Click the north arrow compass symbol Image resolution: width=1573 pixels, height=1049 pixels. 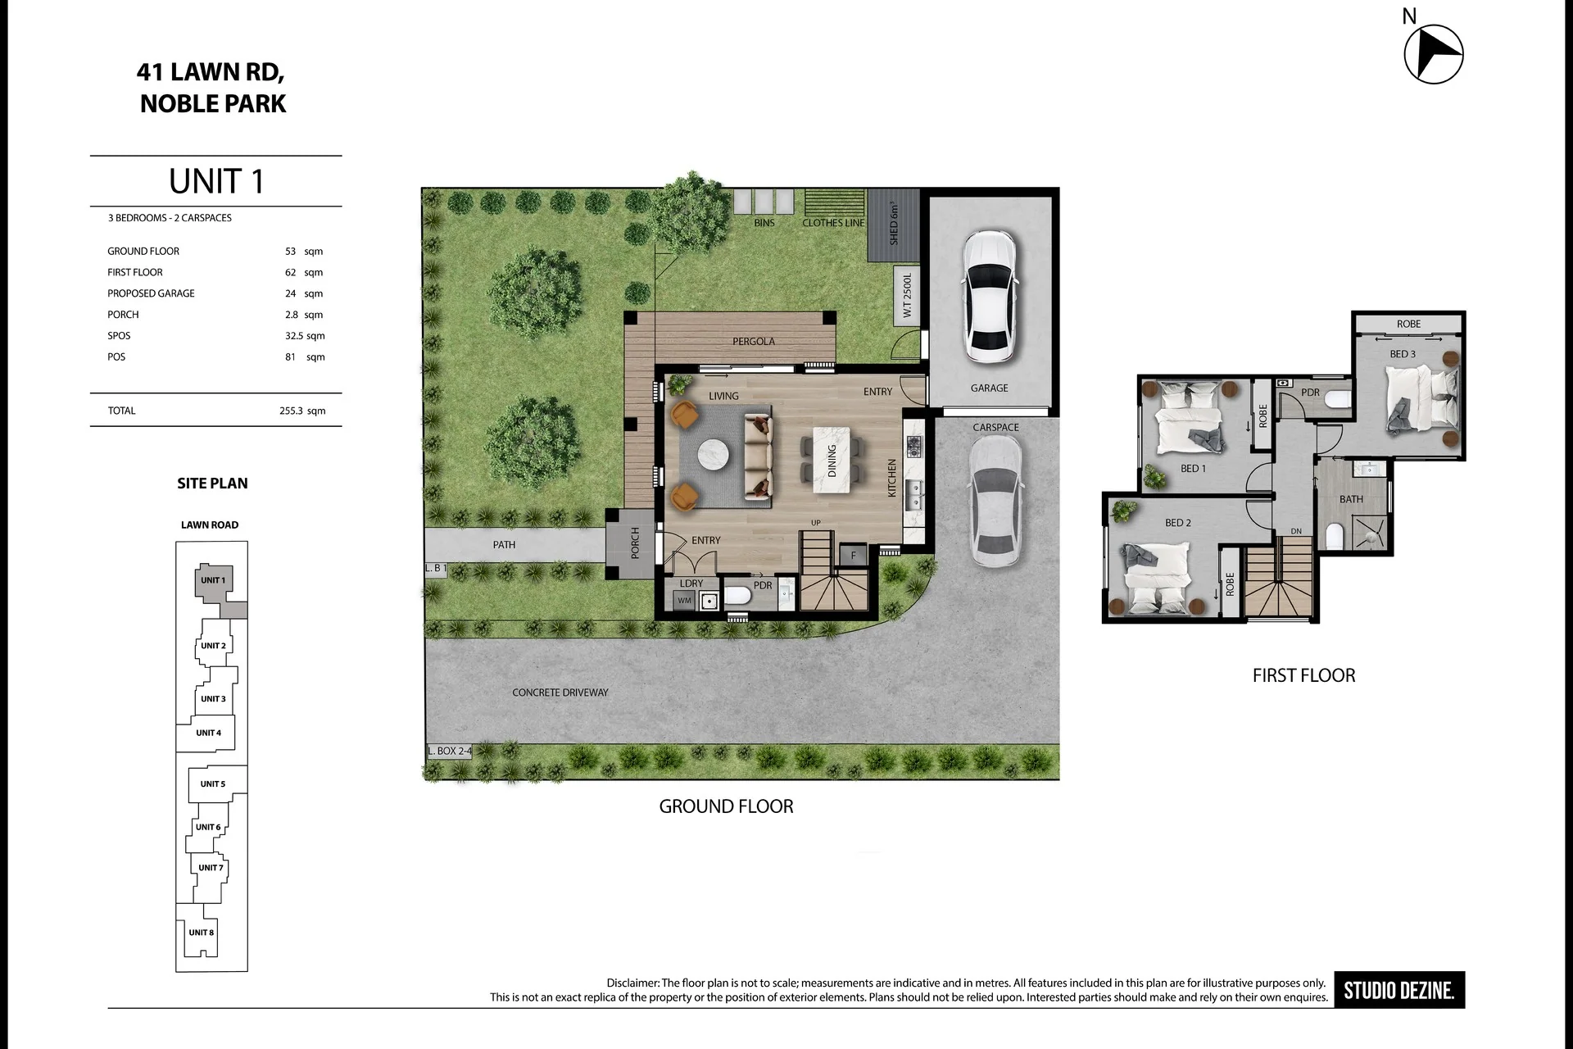tap(1434, 54)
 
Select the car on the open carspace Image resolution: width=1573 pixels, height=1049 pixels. tap(995, 500)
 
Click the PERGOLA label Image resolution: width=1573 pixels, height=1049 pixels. tap(753, 341)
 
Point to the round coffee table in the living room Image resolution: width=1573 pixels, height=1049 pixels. tap(713, 455)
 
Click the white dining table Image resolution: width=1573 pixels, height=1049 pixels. tap(832, 460)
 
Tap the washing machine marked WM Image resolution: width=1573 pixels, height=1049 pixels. tap(685, 601)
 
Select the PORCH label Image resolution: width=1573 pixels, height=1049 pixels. tap(635, 543)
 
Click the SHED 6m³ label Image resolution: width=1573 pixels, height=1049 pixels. tap(894, 224)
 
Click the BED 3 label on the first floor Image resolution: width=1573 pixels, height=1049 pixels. tap(1403, 354)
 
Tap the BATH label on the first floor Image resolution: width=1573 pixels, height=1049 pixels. tap(1351, 499)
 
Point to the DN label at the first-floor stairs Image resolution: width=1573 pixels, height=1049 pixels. tap(1296, 531)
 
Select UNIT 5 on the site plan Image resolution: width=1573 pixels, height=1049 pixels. tap(212, 784)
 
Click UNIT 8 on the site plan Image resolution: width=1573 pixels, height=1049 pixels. tap(201, 933)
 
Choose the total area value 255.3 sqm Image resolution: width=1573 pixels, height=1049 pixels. tap(302, 411)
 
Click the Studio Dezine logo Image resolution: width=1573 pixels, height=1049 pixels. tap(1399, 990)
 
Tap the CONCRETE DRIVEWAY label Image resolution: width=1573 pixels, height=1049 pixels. tap(560, 693)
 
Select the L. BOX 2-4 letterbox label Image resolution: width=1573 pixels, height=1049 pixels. tap(449, 751)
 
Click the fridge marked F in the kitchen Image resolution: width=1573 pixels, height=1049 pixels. tap(853, 555)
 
